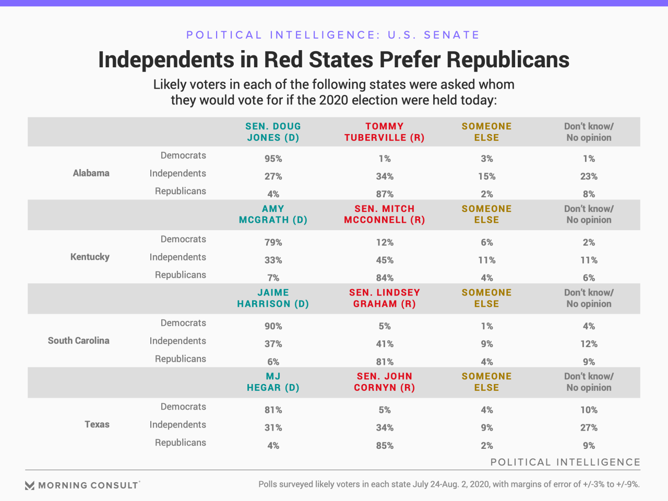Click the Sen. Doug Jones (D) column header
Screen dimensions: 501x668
click(x=273, y=132)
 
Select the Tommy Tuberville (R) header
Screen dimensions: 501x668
click(x=385, y=132)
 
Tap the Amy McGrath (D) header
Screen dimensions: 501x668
click(x=273, y=214)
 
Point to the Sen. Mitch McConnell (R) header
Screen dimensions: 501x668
click(x=385, y=214)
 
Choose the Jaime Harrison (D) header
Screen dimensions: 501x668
click(x=273, y=299)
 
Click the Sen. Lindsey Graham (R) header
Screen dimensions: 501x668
click(x=385, y=299)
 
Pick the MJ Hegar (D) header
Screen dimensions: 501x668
click(x=273, y=382)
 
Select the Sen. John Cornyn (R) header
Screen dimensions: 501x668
click(x=385, y=382)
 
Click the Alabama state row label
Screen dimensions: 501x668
click(x=91, y=173)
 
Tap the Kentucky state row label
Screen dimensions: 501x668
click(x=90, y=257)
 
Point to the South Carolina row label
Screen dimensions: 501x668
click(x=79, y=341)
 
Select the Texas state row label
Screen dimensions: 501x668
click(x=97, y=424)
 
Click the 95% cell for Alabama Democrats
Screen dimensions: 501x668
click(x=273, y=159)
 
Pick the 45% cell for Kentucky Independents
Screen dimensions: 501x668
click(x=385, y=260)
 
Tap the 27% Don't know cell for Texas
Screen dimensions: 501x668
click(x=589, y=427)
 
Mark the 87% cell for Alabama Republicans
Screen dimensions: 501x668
click(x=385, y=194)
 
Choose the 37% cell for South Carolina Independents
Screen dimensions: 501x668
click(x=273, y=344)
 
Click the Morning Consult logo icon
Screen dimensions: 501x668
click(x=30, y=486)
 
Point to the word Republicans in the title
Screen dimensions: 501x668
click(x=507, y=60)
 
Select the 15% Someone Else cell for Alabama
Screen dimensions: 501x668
click(x=486, y=176)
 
